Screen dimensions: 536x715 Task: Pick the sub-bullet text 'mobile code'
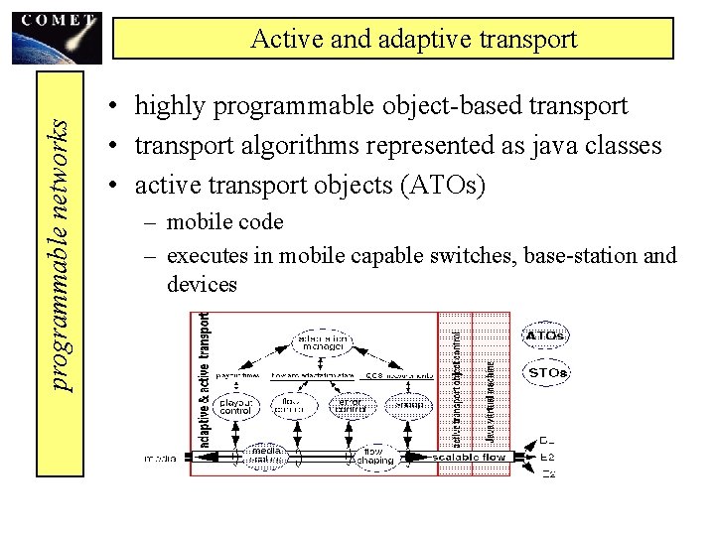[x=225, y=222]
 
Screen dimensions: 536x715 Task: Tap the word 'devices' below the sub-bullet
[x=202, y=285]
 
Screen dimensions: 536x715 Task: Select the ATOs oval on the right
[x=546, y=335]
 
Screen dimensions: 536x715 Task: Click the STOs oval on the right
[x=547, y=373]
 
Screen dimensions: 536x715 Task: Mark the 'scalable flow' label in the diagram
[x=470, y=458]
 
